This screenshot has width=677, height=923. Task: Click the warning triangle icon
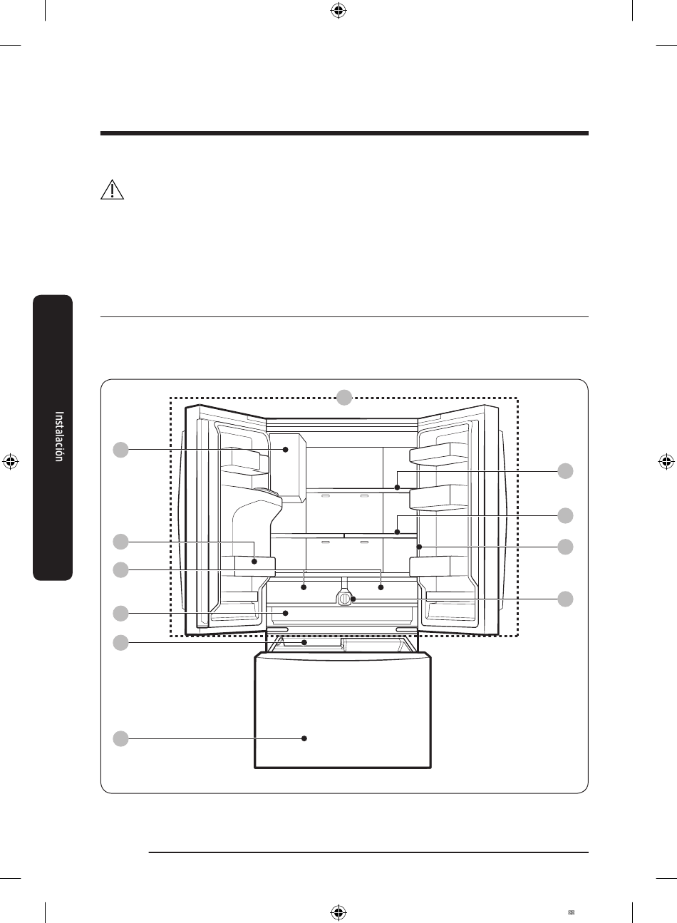pyautogui.click(x=112, y=190)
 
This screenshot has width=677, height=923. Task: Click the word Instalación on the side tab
pyautogui.click(x=59, y=436)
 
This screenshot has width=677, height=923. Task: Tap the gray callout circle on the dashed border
pyautogui.click(x=344, y=397)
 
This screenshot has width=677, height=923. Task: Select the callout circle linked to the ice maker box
pyautogui.click(x=120, y=450)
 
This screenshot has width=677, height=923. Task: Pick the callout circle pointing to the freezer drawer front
pyautogui.click(x=120, y=738)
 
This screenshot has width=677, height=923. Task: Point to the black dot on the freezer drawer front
pyautogui.click(x=304, y=738)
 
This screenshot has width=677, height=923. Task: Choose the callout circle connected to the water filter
pyautogui.click(x=565, y=599)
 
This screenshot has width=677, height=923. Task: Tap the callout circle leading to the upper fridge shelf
pyautogui.click(x=565, y=470)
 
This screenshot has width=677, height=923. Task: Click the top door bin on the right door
pyautogui.click(x=438, y=454)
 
